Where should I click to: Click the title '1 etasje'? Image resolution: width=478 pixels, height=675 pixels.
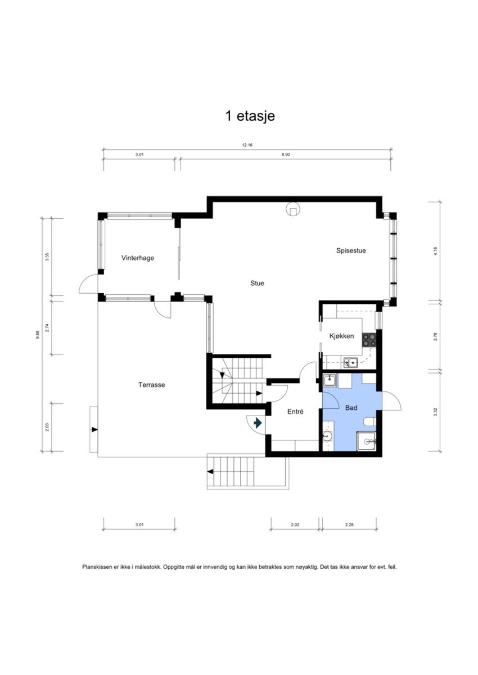coord(250,116)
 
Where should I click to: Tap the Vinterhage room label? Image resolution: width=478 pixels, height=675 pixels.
coord(138,258)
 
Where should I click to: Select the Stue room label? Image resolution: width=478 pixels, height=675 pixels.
coord(257,284)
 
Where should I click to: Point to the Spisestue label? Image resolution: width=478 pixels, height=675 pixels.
coord(351,251)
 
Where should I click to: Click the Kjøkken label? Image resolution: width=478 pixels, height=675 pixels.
coord(341,336)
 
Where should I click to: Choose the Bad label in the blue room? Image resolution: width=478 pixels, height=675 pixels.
coord(352,408)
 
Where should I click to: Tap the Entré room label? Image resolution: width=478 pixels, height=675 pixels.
coord(295,412)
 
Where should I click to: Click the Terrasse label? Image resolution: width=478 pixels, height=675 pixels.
coord(151,385)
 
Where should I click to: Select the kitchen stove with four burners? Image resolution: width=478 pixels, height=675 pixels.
coord(369,339)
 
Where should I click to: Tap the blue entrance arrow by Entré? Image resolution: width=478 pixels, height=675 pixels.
coord(258,423)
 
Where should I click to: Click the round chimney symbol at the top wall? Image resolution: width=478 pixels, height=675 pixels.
coord(293,209)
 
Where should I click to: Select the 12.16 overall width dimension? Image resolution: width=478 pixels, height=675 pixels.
coord(247,145)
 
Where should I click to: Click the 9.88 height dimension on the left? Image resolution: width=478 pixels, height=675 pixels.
coord(38,334)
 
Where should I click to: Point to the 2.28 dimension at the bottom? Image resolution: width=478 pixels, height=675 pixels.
coord(350,525)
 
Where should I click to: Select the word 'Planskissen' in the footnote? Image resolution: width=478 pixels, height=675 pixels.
coord(98,568)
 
